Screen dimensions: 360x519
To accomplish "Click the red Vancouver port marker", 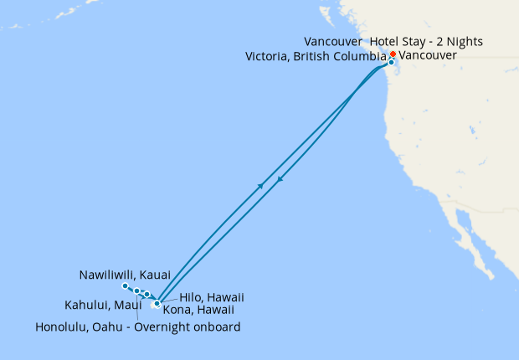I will click(x=393, y=54).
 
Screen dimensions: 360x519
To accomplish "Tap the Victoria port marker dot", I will click(x=391, y=62).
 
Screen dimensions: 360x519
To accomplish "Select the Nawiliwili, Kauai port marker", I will click(x=126, y=286).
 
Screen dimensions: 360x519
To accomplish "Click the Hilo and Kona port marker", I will click(x=157, y=304).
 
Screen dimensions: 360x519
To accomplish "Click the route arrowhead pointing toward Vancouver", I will click(x=262, y=185).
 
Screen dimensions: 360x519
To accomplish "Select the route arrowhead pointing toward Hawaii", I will click(x=280, y=179).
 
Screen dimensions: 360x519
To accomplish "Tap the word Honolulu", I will click(x=64, y=327).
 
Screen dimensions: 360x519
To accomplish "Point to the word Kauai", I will click(x=156, y=275).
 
